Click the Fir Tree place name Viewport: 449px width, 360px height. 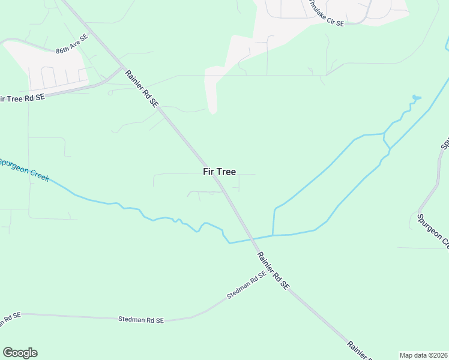(x=219, y=172)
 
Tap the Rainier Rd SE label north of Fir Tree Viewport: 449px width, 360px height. (x=142, y=89)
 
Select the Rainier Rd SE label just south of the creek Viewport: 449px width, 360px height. (x=273, y=271)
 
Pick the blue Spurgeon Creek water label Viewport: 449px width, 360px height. (x=24, y=170)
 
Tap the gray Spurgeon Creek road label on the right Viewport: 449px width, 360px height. (x=433, y=231)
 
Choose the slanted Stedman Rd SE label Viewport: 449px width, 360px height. (x=246, y=286)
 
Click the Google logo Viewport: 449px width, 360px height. (x=20, y=353)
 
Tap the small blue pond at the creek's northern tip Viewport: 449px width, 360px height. (x=415, y=97)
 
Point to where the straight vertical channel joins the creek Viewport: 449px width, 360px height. (x=273, y=235)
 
